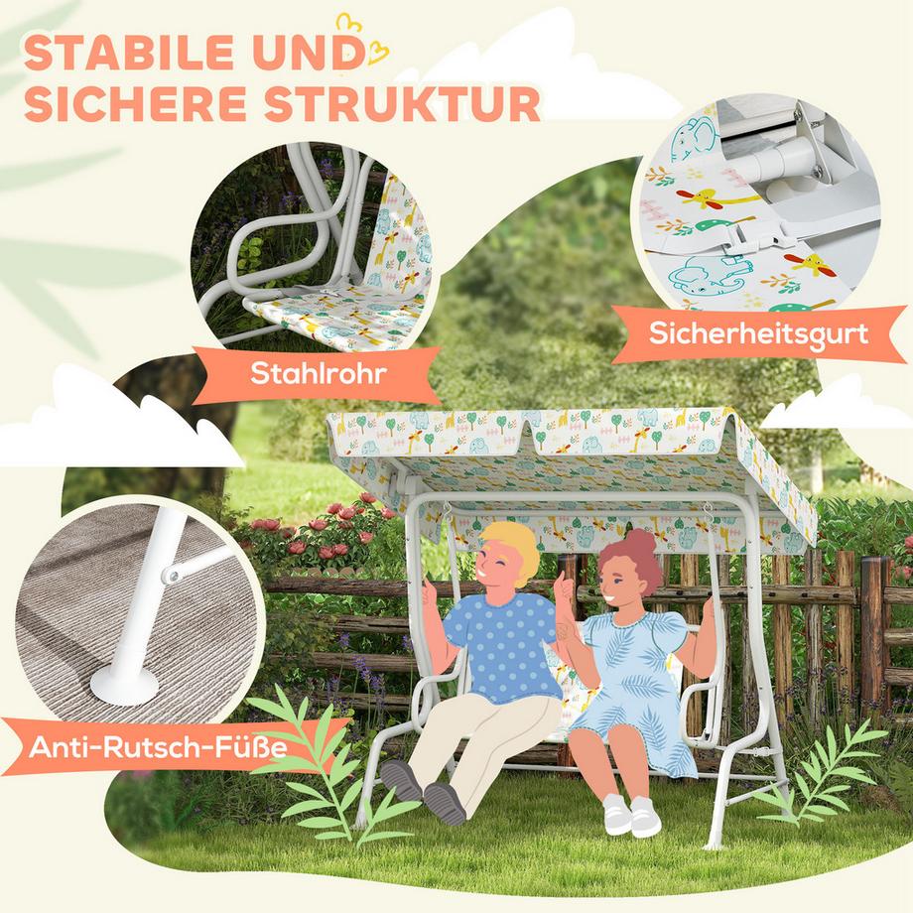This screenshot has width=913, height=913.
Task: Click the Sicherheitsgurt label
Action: coord(758,333)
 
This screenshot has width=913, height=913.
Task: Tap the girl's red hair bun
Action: coord(639,543)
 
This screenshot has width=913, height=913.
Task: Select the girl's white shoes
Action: coord(629,814)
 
